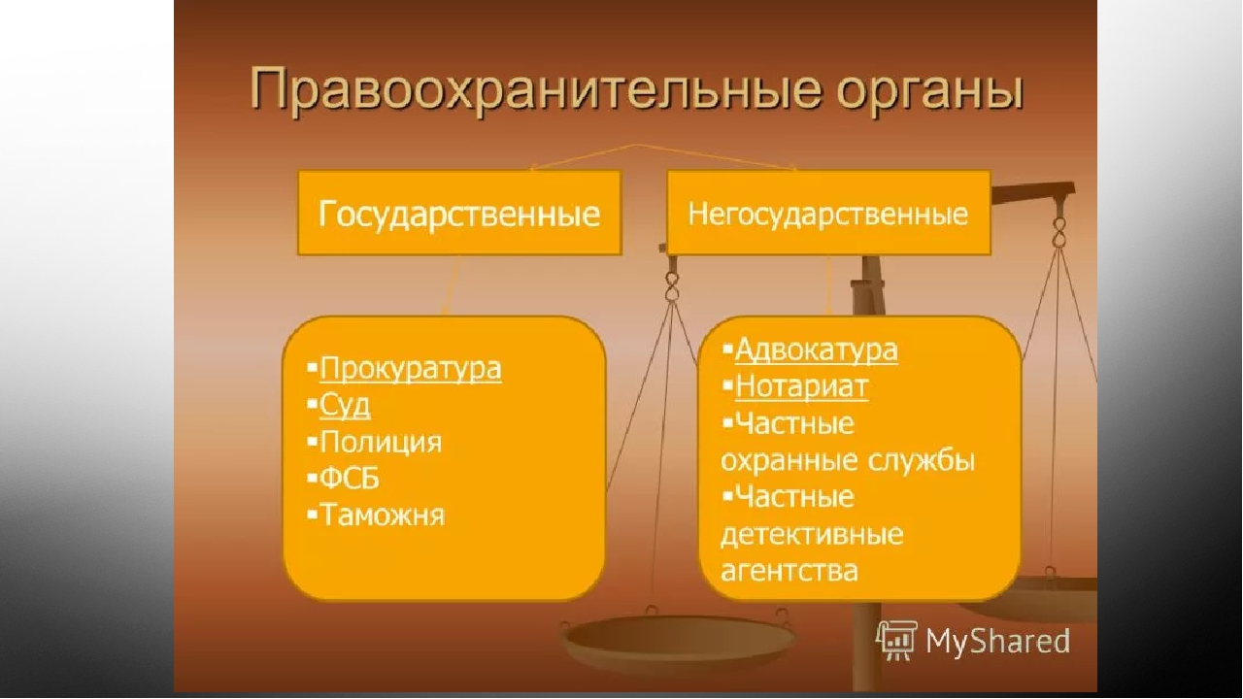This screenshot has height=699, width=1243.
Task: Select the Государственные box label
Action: click(459, 215)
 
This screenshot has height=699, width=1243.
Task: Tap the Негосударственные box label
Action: click(828, 215)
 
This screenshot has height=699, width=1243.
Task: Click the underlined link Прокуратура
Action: click(411, 369)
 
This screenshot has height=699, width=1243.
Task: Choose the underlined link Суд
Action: click(345, 406)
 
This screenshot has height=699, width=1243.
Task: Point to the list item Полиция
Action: click(381, 442)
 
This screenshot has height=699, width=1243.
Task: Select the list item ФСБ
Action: click(350, 479)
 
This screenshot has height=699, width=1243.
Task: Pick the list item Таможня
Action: click(383, 515)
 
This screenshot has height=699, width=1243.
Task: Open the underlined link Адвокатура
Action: click(817, 350)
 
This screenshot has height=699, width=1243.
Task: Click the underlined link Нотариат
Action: click(802, 386)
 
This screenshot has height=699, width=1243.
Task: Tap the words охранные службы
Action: click(848, 460)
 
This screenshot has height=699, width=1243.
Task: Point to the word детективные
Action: click(812, 534)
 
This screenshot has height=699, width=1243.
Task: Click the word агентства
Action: click(789, 570)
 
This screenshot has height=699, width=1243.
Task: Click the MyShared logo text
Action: click(997, 642)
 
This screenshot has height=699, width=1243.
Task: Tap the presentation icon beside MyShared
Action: click(896, 642)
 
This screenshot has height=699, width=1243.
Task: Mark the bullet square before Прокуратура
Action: click(312, 368)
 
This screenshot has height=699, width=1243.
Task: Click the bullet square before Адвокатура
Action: click(727, 349)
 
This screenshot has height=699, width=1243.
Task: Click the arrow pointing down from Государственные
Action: click(452, 285)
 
